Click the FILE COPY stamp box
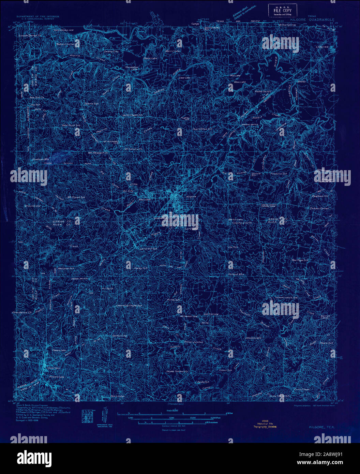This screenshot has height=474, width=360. click(282, 10)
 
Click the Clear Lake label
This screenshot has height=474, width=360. click(184, 77)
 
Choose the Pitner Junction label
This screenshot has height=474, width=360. click(193, 342)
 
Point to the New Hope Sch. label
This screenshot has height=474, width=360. click(300, 260)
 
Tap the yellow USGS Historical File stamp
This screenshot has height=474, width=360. click(265, 424)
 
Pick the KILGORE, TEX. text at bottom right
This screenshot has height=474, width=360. click(321, 427)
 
